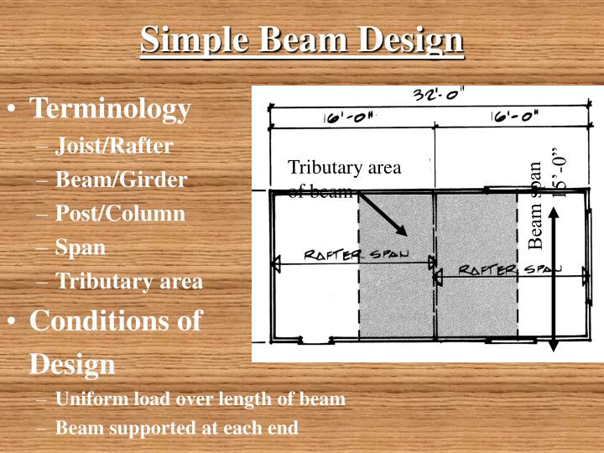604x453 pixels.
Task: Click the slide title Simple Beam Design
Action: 302,39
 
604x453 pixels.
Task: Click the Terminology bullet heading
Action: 111,108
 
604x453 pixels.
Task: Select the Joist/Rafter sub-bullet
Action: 114,146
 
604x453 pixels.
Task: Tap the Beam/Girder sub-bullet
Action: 121,180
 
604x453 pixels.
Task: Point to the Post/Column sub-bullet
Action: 120,213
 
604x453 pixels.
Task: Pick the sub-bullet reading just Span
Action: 81,247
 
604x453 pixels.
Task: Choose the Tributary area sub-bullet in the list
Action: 129,281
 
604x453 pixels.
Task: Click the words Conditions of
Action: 116,321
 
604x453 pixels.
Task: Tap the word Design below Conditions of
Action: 72,364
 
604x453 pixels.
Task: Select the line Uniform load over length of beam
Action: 200,398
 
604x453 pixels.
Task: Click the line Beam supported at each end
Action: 176,428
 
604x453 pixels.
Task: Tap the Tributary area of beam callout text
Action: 344,179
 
